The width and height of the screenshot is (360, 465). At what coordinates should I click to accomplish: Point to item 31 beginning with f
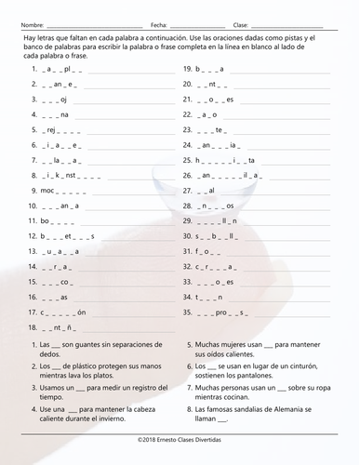tap(205, 251)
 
